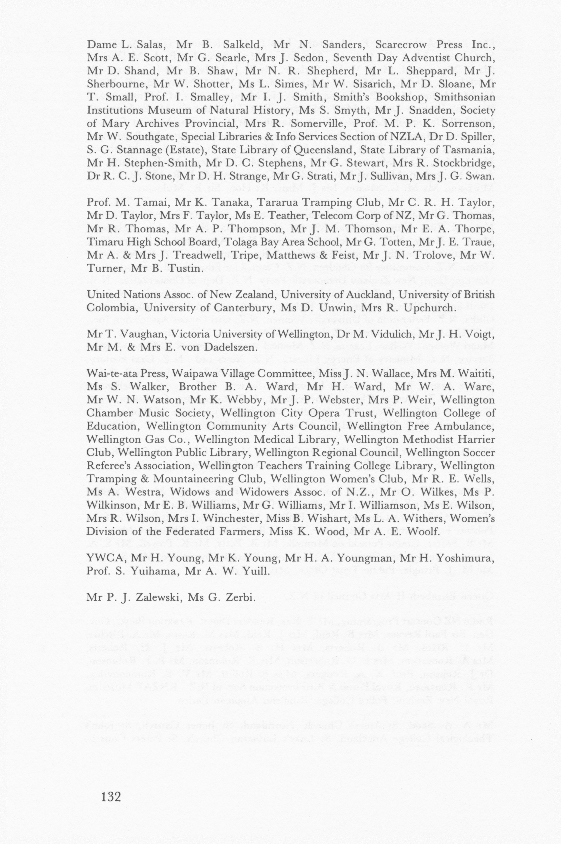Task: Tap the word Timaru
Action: tap(102, 242)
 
